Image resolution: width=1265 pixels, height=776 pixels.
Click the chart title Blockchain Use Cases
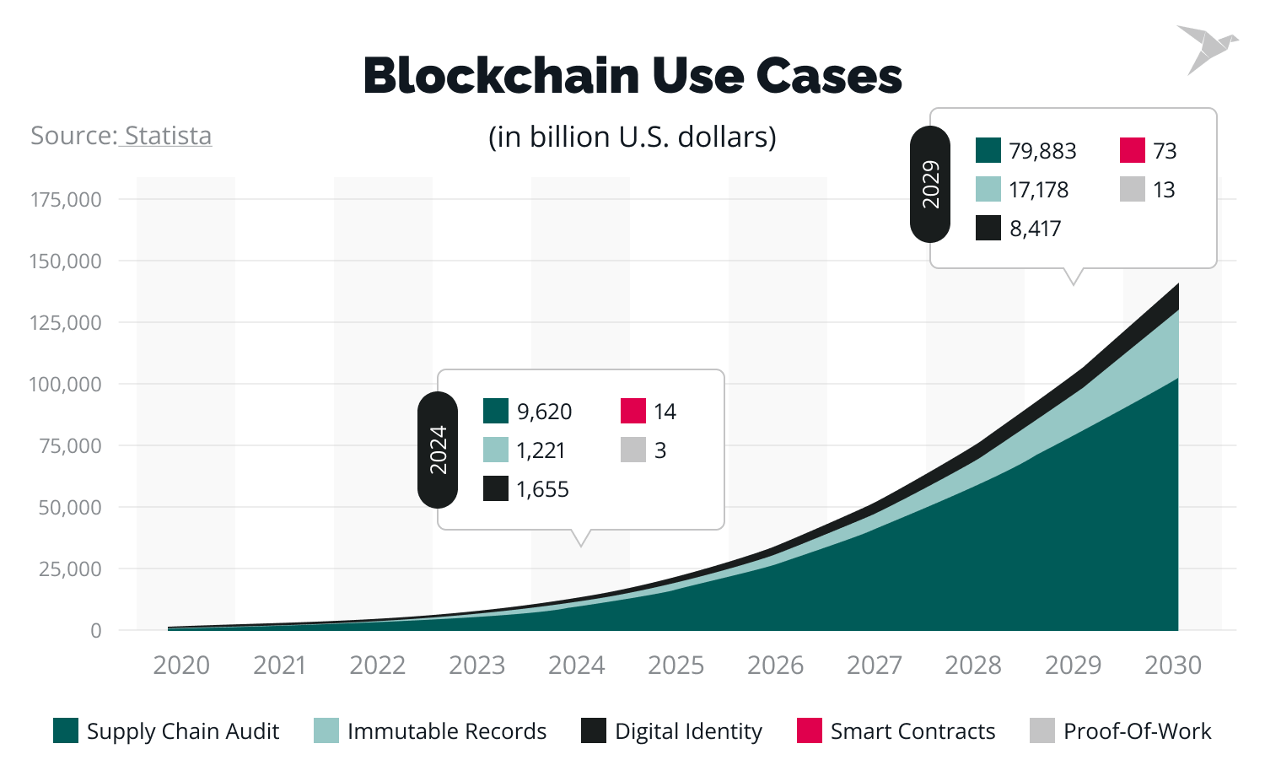point(632,76)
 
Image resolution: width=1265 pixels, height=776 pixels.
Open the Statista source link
point(166,136)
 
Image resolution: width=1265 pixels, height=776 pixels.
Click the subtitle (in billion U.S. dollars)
point(632,137)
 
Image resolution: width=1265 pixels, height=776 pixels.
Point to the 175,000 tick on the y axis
point(66,200)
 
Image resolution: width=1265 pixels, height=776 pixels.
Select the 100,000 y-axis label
point(66,385)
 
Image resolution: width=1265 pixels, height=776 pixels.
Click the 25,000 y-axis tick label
point(70,569)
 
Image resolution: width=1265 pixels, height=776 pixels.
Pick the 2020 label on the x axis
point(181,666)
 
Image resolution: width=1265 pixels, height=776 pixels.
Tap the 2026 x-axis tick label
point(775,666)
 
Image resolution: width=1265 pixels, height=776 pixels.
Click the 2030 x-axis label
point(1172,666)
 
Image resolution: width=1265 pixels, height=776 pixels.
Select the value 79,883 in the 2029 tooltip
point(1042,151)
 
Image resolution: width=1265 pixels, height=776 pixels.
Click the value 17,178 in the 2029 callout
point(1038,190)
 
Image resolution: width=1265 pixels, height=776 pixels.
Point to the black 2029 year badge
point(930,184)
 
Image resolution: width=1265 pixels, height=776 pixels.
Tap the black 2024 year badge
point(438,450)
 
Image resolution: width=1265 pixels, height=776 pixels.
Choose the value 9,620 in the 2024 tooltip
point(544,412)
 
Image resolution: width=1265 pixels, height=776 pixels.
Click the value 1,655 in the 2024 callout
point(542,489)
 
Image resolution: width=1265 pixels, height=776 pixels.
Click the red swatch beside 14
point(633,411)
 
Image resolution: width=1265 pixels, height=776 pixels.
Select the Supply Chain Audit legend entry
point(166,731)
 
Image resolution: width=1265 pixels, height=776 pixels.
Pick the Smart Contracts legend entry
point(896,731)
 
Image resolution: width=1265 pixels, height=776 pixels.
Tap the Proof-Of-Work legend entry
point(1121,731)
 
